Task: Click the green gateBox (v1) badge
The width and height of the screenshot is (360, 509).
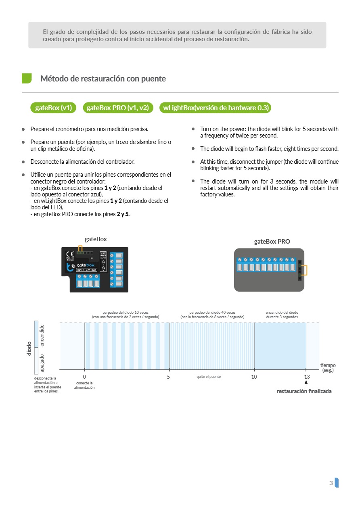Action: [54, 108]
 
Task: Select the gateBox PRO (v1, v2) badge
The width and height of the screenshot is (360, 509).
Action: [118, 108]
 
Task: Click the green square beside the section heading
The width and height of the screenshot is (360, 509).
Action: [27, 78]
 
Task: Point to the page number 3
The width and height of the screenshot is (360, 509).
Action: [331, 483]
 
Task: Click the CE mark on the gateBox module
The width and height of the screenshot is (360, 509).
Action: [69, 254]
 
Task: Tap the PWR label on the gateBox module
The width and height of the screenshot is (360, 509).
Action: [103, 255]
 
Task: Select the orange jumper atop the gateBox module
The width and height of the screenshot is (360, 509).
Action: [80, 248]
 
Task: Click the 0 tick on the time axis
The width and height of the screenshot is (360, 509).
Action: [84, 377]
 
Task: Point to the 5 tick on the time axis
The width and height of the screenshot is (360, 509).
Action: [169, 377]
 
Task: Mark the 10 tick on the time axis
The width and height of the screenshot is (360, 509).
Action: [254, 377]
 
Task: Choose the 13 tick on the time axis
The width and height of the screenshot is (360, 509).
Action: [307, 377]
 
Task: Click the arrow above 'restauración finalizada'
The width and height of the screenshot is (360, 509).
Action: [306, 384]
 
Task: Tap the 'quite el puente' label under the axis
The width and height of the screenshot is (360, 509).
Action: [209, 377]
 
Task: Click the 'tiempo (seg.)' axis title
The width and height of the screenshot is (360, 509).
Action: [328, 367]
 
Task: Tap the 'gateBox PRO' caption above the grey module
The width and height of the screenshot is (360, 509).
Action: [272, 242]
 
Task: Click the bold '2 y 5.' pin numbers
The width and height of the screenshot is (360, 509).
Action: [123, 214]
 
